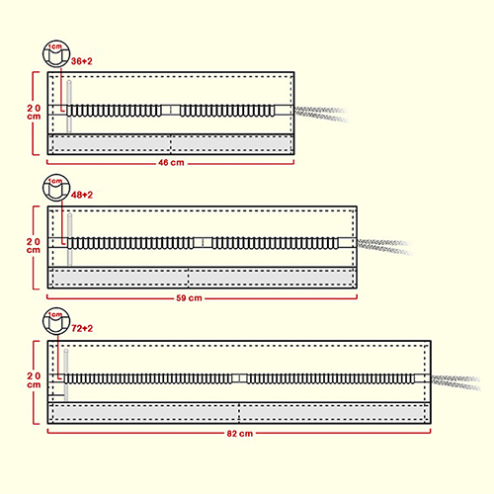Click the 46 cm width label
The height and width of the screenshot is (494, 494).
coord(171,163)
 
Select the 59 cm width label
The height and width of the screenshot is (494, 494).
coord(189,298)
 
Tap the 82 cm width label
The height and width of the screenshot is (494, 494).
coord(240,434)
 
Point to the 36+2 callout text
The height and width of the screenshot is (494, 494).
coord(82,61)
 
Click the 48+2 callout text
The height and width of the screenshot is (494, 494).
coord(82,195)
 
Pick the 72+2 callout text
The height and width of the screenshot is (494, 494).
coord(82,328)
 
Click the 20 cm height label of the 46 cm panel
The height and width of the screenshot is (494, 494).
coord(34,113)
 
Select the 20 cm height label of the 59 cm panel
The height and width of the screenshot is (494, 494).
coord(34,246)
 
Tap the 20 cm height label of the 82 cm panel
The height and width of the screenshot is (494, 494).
coord(34,380)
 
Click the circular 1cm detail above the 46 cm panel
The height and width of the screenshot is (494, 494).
coord(56,54)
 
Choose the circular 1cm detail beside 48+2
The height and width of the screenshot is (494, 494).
coord(56,188)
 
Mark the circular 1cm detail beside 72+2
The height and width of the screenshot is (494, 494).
coord(56,321)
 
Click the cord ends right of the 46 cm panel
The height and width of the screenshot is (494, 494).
coord(321,114)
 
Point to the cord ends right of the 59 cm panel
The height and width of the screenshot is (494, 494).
coord(384,247)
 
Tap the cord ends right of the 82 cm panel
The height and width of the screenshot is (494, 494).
coord(455,382)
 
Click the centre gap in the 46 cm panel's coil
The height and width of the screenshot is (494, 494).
coord(171,111)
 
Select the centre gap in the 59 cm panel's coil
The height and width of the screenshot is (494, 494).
coord(203,243)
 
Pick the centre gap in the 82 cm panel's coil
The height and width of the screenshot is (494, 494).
coord(239,378)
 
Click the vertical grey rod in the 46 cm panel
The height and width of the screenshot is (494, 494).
coord(69,106)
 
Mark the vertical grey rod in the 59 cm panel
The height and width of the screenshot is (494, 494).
coord(70,239)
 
